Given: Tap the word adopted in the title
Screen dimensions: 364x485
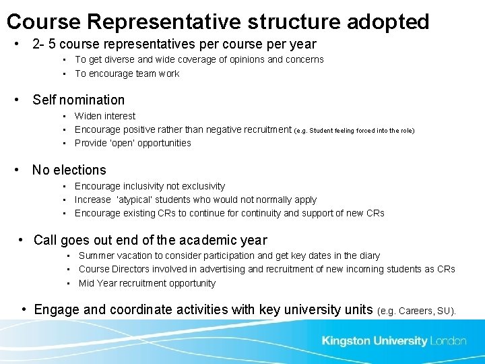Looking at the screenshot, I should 388,22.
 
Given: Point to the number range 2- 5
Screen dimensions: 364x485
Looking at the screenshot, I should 44,44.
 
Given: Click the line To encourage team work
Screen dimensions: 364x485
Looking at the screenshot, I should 127,73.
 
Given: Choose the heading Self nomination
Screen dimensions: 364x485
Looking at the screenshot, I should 78,100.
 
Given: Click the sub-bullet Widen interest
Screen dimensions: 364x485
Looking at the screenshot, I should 105,116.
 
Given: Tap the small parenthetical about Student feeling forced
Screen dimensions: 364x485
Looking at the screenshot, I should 354,130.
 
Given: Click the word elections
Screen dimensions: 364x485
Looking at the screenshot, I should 80,170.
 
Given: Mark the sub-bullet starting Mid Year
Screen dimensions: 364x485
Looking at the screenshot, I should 147,283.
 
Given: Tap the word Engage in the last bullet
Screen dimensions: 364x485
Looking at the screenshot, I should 56,309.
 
